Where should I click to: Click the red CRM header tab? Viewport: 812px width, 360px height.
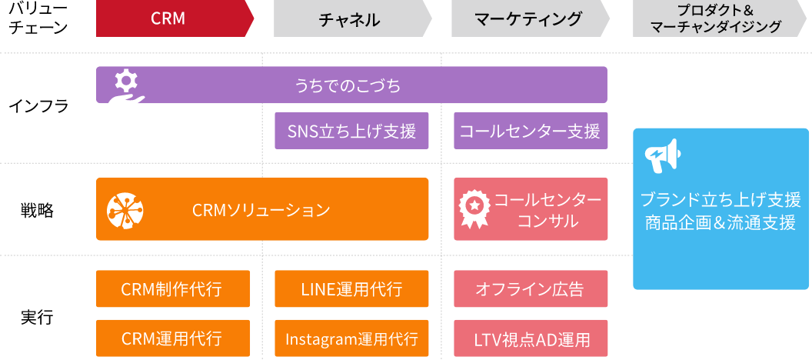[x=169, y=19]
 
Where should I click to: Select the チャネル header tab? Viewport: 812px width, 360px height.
[x=350, y=19]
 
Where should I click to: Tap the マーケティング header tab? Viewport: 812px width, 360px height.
[x=528, y=19]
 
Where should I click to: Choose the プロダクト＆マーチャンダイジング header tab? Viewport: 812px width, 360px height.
[x=715, y=19]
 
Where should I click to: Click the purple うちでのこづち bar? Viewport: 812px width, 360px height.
[x=351, y=85]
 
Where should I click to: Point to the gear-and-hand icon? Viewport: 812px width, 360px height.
[x=124, y=90]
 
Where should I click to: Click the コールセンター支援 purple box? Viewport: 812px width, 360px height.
[x=530, y=132]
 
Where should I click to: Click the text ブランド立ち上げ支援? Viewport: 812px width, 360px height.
[x=720, y=200]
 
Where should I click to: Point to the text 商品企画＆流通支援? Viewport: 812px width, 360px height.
[x=720, y=223]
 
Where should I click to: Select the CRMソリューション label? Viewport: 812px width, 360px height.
[x=261, y=210]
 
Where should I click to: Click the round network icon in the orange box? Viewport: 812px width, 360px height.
[x=124, y=209]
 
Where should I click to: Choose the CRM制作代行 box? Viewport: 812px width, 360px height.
[x=172, y=289]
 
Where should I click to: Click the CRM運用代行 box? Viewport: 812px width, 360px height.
[x=172, y=338]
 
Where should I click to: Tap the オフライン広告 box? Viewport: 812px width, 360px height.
[x=530, y=289]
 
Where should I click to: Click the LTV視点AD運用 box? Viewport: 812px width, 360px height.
[x=530, y=338]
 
